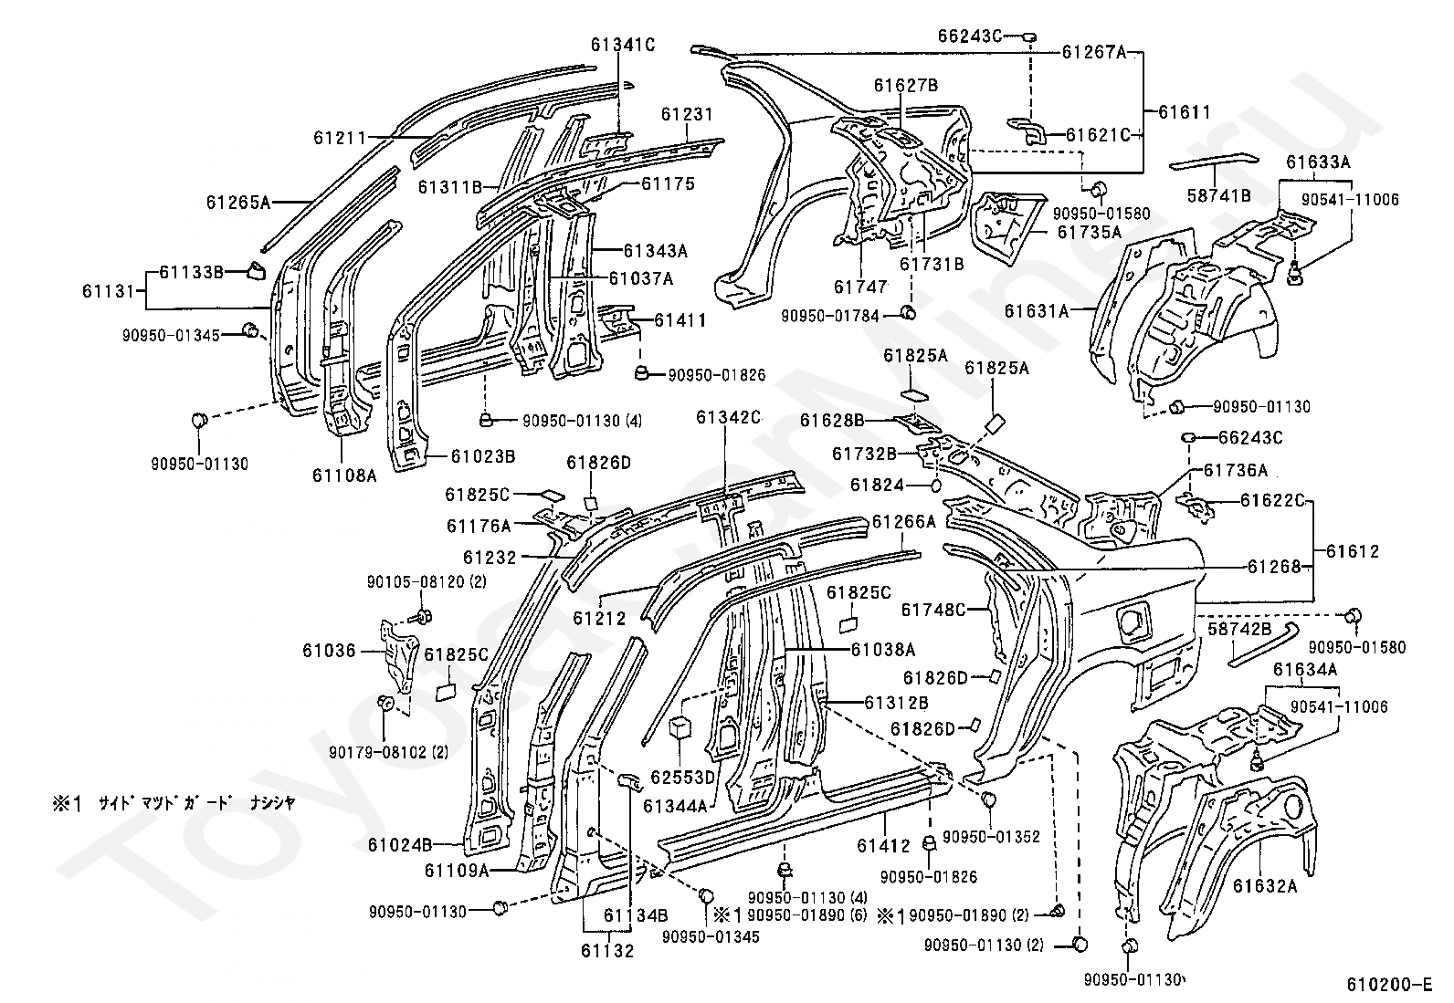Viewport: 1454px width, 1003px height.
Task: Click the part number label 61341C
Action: point(623,44)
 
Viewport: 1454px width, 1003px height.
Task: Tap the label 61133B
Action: point(192,271)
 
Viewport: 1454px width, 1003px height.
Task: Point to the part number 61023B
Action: point(483,455)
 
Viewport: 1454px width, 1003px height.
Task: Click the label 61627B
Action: point(906,86)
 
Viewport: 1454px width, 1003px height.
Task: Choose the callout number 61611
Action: point(1185,112)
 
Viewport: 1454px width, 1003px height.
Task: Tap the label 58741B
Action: point(1219,195)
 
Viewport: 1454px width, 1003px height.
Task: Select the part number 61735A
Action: point(1090,232)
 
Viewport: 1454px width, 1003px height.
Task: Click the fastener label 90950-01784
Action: point(830,316)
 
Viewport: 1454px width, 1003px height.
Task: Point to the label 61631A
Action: point(1037,310)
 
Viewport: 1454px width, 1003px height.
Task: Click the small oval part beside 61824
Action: point(937,486)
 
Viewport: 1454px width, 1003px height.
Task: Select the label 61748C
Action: point(933,609)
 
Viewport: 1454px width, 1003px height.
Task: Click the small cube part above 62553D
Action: point(681,728)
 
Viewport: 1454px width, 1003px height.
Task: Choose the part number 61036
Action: point(330,651)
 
